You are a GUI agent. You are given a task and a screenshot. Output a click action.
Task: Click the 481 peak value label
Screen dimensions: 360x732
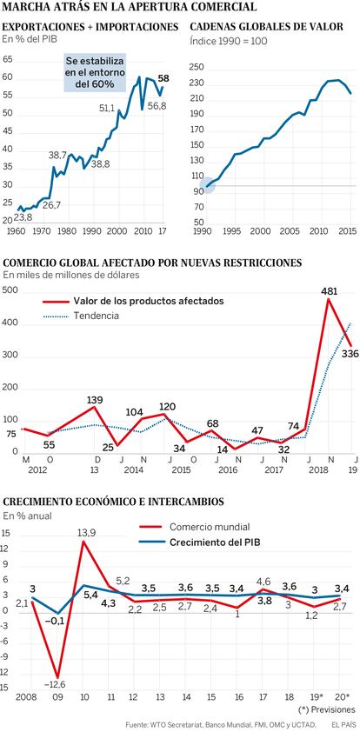330,292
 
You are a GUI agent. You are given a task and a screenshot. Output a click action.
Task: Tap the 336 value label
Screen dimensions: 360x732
350,355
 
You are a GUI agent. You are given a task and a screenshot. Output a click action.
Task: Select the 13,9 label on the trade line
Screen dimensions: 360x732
84,532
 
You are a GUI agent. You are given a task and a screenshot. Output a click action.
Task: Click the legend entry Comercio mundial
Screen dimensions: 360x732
195,527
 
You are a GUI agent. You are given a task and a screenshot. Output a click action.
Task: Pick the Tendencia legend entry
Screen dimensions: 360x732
81,316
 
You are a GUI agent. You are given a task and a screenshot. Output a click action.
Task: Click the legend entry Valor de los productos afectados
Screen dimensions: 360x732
133,301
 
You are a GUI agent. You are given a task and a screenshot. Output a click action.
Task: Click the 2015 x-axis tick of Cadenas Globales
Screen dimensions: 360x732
349,231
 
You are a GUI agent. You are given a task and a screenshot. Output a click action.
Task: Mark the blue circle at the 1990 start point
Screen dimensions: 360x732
207,186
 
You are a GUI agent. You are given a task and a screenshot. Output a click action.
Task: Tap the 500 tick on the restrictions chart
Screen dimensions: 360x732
10,291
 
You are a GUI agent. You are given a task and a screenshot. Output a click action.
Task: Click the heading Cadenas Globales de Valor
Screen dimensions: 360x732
267,27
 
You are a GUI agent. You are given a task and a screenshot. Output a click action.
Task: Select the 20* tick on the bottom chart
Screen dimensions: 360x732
343,697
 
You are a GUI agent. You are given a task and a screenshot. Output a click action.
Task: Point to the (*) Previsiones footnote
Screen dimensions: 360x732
326,709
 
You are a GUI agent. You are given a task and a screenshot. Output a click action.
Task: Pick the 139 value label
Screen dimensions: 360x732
95,400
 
